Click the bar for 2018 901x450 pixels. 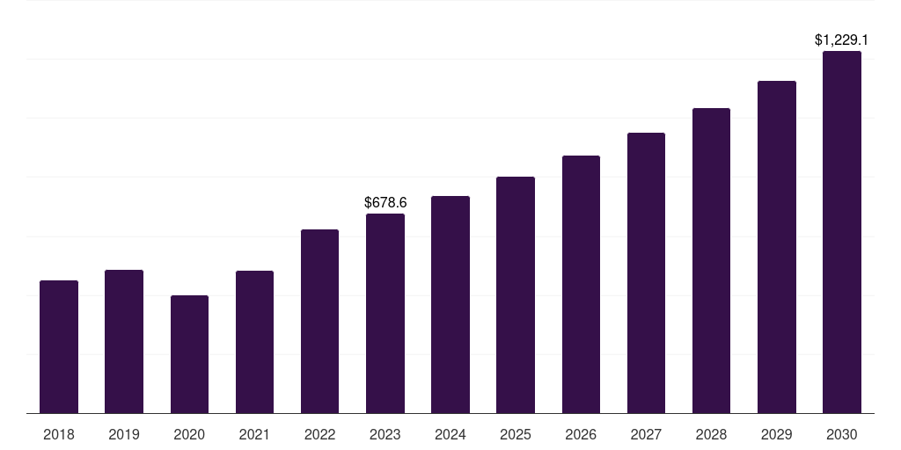pyautogui.click(x=59, y=347)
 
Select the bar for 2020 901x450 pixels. pyautogui.click(x=189, y=354)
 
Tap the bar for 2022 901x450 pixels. pyautogui.click(x=319, y=322)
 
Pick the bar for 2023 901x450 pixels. pyautogui.click(x=385, y=314)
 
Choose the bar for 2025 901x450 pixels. pyautogui.click(x=516, y=295)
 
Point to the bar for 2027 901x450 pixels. pyautogui.click(x=646, y=273)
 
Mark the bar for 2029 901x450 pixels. pyautogui.click(x=777, y=247)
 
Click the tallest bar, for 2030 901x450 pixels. pyautogui.click(x=842, y=232)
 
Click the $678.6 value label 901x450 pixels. pyautogui.click(x=385, y=203)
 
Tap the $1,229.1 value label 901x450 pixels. pyautogui.click(x=842, y=40)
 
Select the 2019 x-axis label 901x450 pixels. pyautogui.click(x=124, y=435)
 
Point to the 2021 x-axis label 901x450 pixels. pyautogui.click(x=254, y=435)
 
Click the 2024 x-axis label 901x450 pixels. pyautogui.click(x=450, y=435)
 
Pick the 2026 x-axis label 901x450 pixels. pyautogui.click(x=581, y=435)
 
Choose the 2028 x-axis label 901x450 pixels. pyautogui.click(x=711, y=435)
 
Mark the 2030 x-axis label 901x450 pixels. pyautogui.click(x=842, y=435)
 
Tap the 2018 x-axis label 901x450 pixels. pyautogui.click(x=59, y=435)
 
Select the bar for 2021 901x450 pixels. pyautogui.click(x=254, y=342)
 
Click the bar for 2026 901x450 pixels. pyautogui.click(x=581, y=285)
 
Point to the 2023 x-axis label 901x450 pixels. pyautogui.click(x=385, y=435)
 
